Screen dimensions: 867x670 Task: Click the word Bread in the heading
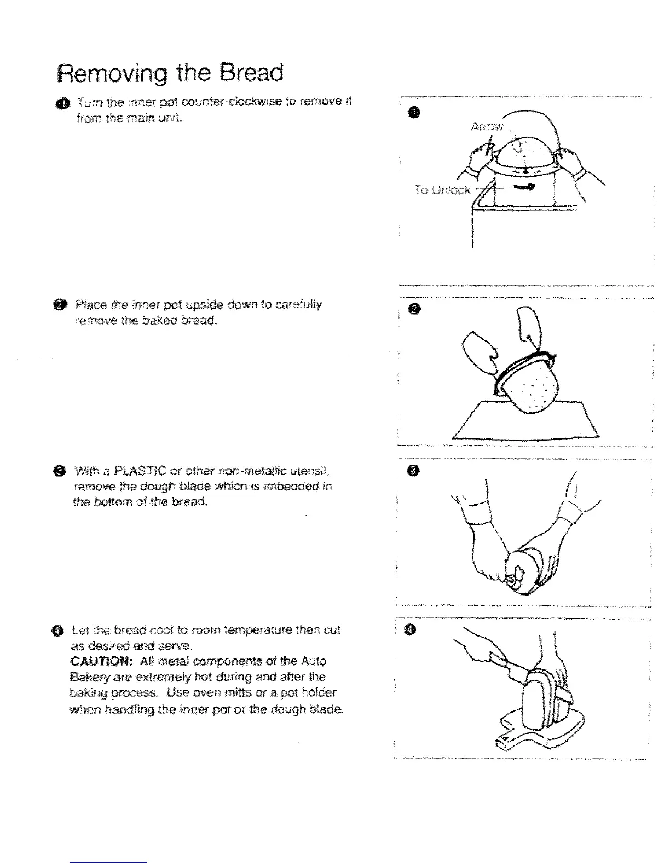[x=252, y=73]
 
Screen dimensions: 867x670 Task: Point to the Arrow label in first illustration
[x=486, y=127]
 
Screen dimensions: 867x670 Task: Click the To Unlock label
[x=442, y=190]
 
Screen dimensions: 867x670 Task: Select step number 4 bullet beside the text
[x=63, y=631]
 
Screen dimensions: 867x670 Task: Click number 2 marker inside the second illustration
[x=415, y=310]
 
